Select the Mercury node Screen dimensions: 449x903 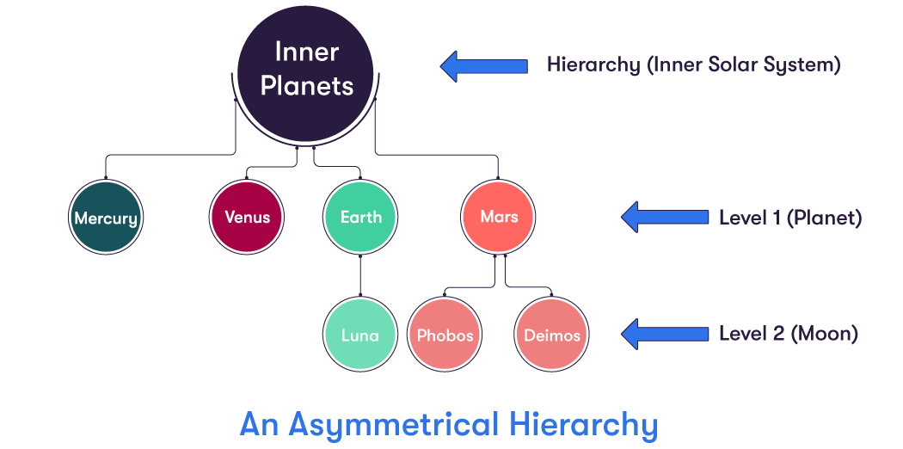pos(106,218)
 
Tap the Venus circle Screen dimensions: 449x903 pos(248,217)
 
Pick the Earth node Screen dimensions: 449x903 pos(361,217)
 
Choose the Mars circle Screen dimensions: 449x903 pos(499,217)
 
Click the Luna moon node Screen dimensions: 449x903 pos(360,335)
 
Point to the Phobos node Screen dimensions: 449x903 pos(445,335)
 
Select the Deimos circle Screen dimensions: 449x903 pos(552,335)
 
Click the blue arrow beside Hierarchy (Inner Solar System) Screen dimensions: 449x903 pos(483,65)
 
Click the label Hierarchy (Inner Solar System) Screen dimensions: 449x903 pos(693,65)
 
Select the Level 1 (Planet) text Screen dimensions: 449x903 pos(789,218)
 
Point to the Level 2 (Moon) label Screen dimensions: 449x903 pos(788,334)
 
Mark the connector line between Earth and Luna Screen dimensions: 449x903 pos(360,274)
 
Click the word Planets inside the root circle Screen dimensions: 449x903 pos(307,86)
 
